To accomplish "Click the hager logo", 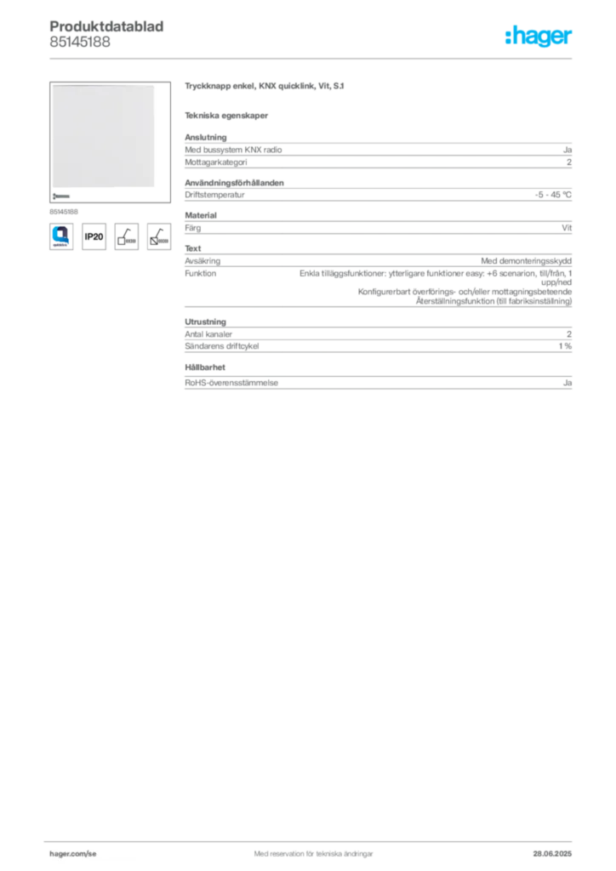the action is pyautogui.click(x=539, y=36).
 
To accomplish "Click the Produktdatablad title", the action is pyautogui.click(x=106, y=26).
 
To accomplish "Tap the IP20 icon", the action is pyautogui.click(x=94, y=236).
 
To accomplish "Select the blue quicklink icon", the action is pyautogui.click(x=61, y=236).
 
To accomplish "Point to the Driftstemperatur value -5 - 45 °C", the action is pyautogui.click(x=553, y=195).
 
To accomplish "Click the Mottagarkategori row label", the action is pyautogui.click(x=216, y=162).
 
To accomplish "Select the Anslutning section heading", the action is pyautogui.click(x=206, y=137).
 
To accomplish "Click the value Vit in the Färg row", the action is pyautogui.click(x=567, y=228).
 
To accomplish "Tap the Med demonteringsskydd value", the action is pyautogui.click(x=526, y=260).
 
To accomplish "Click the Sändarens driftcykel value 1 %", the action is pyautogui.click(x=565, y=346).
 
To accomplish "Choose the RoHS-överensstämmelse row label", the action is pyautogui.click(x=231, y=383).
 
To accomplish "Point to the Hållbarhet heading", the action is pyautogui.click(x=205, y=367).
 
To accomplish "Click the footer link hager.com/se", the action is pyautogui.click(x=73, y=854).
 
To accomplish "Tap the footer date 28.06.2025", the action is pyautogui.click(x=552, y=854).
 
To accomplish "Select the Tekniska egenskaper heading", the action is pyautogui.click(x=226, y=116).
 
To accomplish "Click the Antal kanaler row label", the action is pyautogui.click(x=208, y=334).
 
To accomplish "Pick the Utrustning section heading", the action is pyautogui.click(x=206, y=322).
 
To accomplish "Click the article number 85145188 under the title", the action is pyautogui.click(x=80, y=42).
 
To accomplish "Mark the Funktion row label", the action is pyautogui.click(x=201, y=273).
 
